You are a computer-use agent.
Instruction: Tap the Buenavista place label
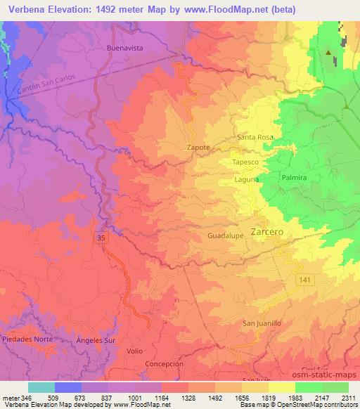[125, 48]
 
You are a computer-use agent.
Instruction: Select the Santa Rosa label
[255, 137]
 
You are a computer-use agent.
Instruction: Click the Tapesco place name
[246, 162]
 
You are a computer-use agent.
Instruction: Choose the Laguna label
[247, 179]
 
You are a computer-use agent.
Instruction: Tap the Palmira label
[294, 178]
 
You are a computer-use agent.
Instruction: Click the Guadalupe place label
[226, 236]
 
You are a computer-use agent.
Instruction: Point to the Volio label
[135, 349]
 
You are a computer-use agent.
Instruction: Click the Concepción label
[164, 364]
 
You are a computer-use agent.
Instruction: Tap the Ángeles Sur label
[94, 339]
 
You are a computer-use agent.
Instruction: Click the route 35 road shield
[101, 239]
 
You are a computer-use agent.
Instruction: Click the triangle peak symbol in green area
[328, 53]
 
